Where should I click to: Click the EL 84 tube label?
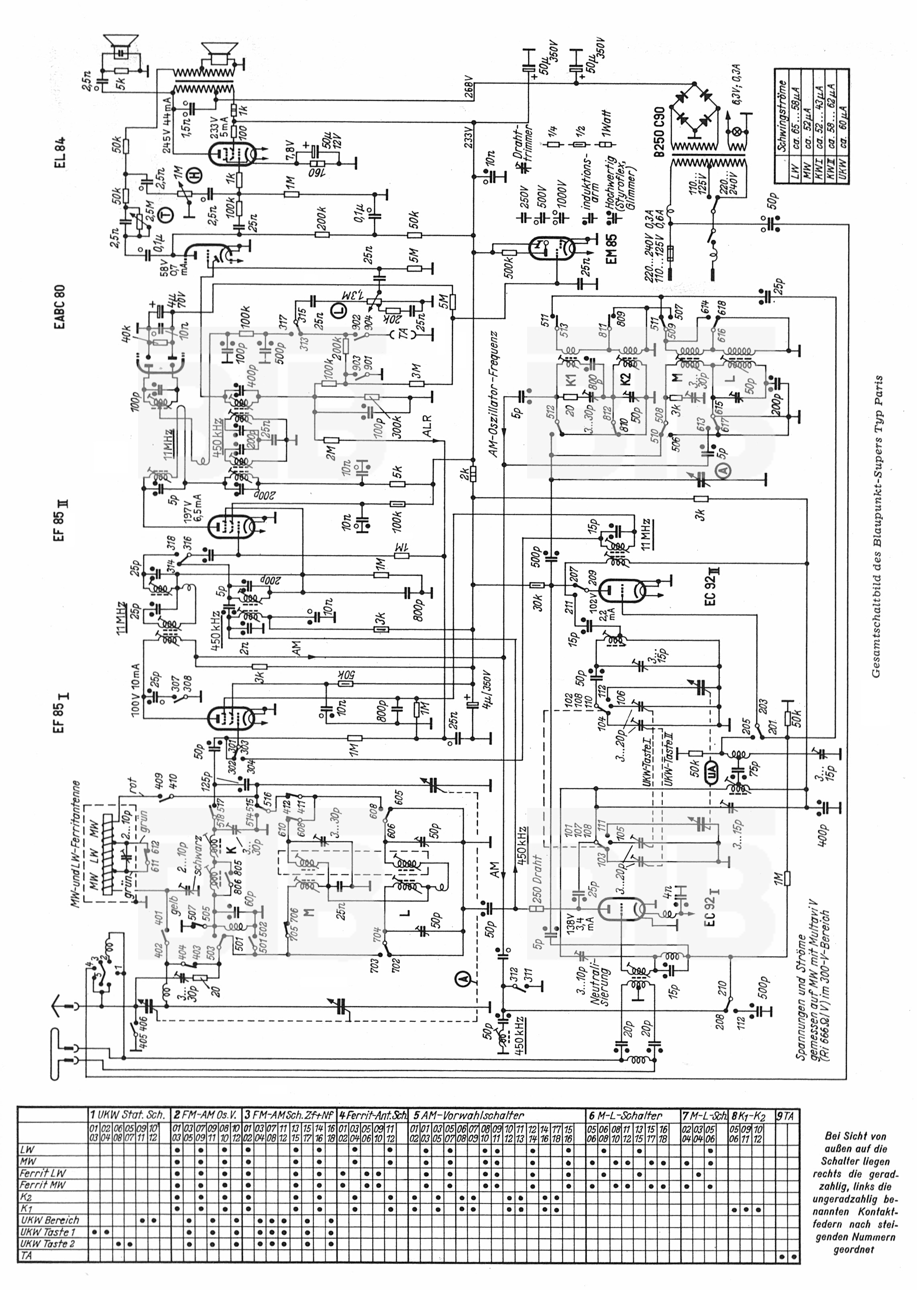coord(60,153)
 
